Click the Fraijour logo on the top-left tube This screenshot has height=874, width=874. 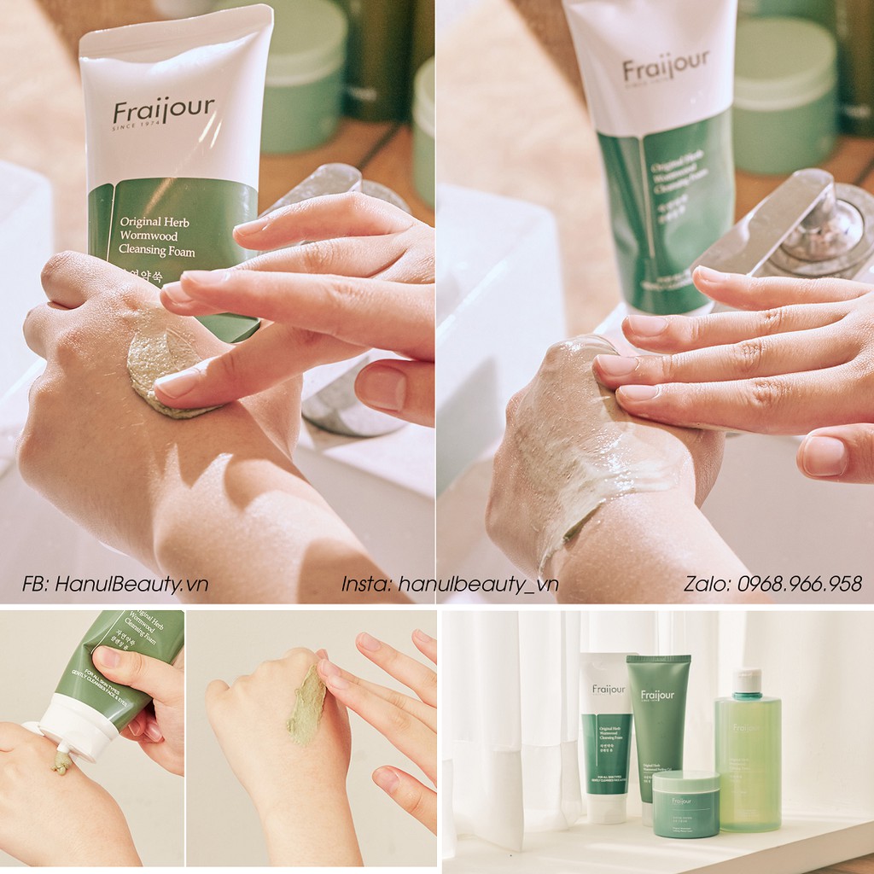[x=163, y=111]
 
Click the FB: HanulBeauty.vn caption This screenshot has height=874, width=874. [x=115, y=584]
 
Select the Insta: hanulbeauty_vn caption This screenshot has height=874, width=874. [x=450, y=584]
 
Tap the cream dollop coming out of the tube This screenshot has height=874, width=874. [x=61, y=762]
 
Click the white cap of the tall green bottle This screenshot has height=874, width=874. [x=747, y=680]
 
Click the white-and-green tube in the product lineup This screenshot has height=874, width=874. [x=607, y=734]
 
